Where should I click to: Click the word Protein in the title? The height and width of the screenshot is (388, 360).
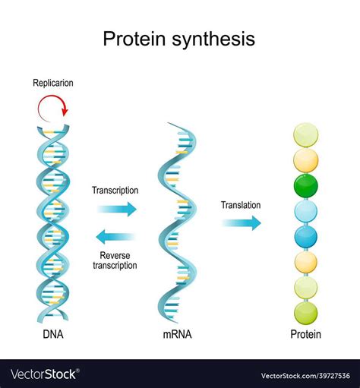[x=130, y=38]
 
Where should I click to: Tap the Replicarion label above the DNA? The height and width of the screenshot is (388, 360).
[x=52, y=83]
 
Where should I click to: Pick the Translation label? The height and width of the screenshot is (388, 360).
[x=241, y=204]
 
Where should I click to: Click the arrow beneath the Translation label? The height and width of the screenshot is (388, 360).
[x=241, y=222]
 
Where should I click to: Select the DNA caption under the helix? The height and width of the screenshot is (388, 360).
[x=52, y=334]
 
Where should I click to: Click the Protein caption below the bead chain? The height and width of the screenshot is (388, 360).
[x=305, y=334]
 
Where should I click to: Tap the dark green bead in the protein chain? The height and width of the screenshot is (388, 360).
[x=306, y=185]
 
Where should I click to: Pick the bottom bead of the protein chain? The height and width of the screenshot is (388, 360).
[x=306, y=311]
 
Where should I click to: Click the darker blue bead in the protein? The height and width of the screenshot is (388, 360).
[x=306, y=236]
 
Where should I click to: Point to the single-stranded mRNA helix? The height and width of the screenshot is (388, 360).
[x=178, y=220]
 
